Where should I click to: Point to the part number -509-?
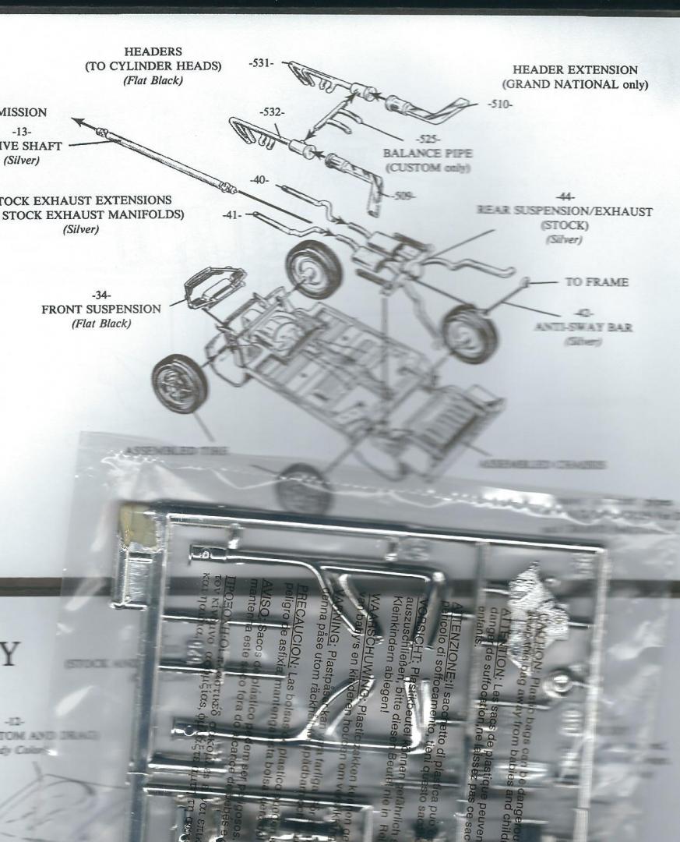click(x=403, y=196)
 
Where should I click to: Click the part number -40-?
click(x=260, y=181)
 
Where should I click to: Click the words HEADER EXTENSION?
click(x=575, y=70)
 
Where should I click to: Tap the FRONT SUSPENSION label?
click(x=100, y=309)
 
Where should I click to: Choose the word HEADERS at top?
click(x=153, y=52)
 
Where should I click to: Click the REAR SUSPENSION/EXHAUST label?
click(x=564, y=210)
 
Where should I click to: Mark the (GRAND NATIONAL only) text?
click(x=575, y=85)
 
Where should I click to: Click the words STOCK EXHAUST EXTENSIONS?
click(x=86, y=200)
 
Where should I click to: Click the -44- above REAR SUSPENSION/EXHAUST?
click(x=563, y=196)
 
